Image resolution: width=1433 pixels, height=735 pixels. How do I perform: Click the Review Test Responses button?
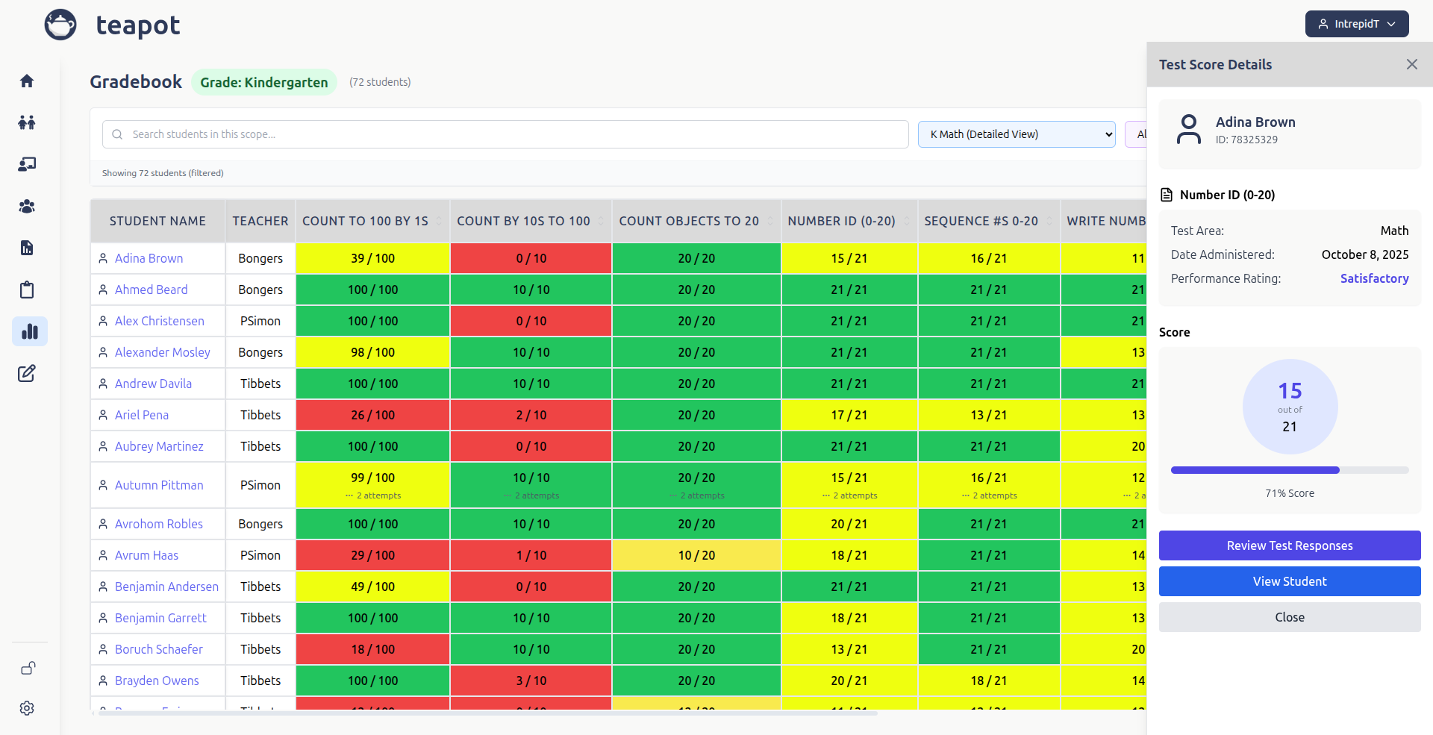pos(1289,545)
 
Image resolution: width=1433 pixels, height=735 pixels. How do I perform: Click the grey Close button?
pos(1289,617)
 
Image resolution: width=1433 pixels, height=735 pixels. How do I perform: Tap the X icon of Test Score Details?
pos(1411,64)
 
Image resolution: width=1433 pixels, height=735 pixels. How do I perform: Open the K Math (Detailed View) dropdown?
pos(1016,134)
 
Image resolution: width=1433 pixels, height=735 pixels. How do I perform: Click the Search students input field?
pos(505,134)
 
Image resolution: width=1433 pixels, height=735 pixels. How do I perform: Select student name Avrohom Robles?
pos(158,524)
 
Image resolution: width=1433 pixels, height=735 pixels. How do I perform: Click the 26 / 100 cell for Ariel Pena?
pos(372,415)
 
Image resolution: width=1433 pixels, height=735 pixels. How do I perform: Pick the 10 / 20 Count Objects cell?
pos(696,555)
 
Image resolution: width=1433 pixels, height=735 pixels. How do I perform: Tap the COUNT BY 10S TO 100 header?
pos(523,221)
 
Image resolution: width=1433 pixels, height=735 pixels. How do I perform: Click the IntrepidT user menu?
pos(1356,24)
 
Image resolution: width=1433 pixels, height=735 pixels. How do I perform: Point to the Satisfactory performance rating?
pos(1373,278)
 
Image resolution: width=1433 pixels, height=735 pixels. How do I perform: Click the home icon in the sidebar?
pos(27,81)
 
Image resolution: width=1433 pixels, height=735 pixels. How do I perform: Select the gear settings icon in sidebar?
pos(27,708)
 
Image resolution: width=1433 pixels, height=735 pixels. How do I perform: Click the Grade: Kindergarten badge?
pos(263,82)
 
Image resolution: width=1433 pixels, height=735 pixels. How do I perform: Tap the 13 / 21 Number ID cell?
pos(849,649)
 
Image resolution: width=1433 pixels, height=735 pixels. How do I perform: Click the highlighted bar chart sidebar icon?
pos(29,331)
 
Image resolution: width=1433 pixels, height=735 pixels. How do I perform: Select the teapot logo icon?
pos(60,25)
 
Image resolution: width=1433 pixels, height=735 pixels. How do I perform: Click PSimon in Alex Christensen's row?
pos(260,321)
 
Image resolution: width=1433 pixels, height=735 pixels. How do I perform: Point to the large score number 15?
pos(1289,391)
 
